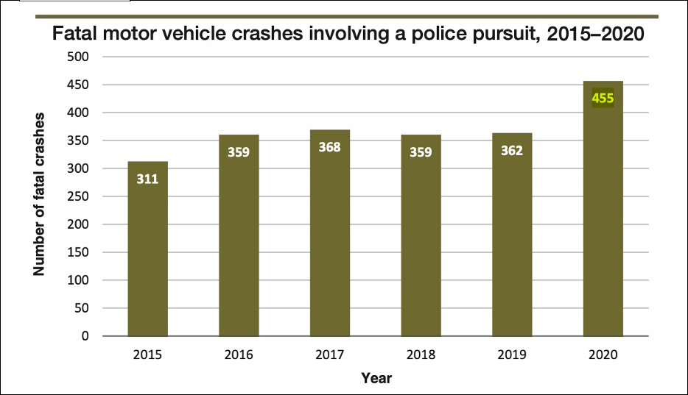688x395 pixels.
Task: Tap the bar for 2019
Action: point(512,235)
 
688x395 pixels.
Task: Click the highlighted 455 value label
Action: point(603,97)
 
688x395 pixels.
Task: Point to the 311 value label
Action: point(147,178)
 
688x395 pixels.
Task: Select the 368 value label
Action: point(329,146)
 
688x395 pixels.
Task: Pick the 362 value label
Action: point(512,151)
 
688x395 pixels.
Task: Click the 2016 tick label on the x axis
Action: point(239,355)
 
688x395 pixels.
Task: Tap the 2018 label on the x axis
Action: point(421,355)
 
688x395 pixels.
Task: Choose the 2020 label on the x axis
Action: point(603,355)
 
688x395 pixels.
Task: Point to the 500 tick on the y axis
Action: point(78,57)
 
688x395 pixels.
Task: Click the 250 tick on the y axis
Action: point(78,196)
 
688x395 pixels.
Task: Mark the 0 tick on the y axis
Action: point(85,336)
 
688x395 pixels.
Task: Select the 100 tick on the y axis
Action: point(78,280)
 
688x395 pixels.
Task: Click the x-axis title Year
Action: point(376,378)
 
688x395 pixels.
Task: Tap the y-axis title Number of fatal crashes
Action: point(39,195)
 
